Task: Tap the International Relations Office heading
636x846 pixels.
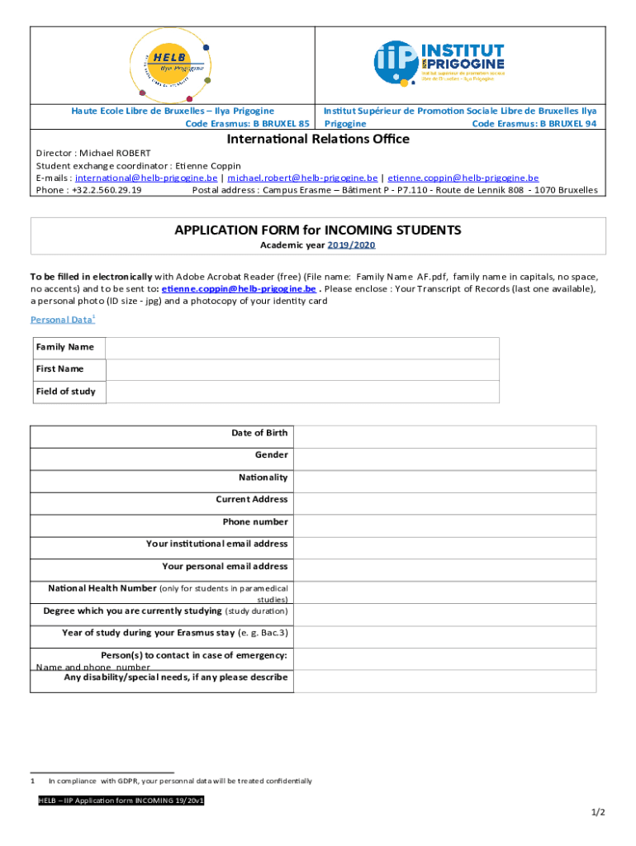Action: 318,139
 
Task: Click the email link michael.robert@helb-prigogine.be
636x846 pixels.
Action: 302,178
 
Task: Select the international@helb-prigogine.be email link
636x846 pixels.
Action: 146,178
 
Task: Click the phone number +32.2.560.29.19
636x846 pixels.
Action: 107,189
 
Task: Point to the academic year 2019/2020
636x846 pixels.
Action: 351,245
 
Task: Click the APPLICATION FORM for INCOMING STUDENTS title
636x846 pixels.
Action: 318,230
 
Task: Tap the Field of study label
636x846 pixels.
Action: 65,392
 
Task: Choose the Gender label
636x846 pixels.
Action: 271,455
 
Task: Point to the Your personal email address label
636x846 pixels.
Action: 225,567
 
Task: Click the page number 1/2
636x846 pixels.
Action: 598,812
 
